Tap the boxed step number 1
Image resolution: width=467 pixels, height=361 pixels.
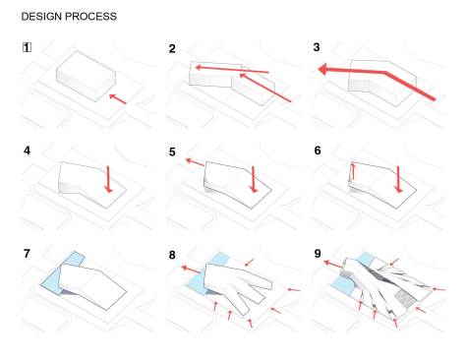tap(26, 47)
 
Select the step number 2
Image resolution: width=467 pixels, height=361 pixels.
tap(172, 48)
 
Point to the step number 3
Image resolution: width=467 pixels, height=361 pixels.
tap(318, 48)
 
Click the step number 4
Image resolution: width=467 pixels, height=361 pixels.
tap(27, 151)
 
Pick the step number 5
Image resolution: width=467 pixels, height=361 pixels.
tap(172, 152)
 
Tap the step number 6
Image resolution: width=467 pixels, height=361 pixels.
tap(317, 152)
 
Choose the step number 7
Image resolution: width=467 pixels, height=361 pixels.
tap(27, 255)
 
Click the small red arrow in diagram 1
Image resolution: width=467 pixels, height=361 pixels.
tap(117, 97)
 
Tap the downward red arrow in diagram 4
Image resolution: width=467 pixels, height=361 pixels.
tap(108, 178)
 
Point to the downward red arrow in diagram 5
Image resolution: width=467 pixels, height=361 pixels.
tap(254, 178)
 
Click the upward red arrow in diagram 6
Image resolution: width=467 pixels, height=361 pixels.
tap(353, 171)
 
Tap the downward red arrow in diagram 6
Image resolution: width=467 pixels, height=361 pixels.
tap(399, 178)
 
